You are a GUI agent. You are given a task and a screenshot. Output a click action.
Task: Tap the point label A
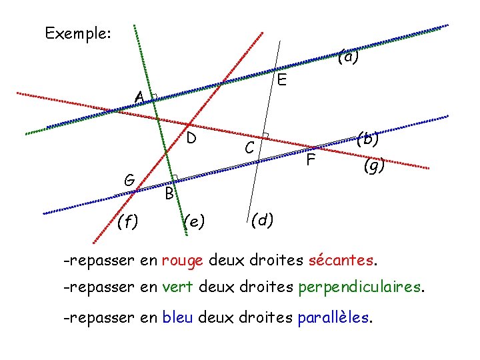[138, 98]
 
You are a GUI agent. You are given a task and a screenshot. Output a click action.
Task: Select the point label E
[282, 81]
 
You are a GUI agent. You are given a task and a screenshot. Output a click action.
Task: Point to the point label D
[191, 139]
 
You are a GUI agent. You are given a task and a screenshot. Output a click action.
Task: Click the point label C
[249, 148]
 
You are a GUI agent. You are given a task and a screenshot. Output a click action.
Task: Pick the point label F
[310, 160]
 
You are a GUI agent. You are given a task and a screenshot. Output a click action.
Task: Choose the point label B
[169, 194]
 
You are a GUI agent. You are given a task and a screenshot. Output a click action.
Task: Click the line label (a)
[348, 57]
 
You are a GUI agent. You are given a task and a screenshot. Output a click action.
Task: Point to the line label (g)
[374, 166]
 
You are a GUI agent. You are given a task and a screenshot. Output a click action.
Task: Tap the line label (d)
[262, 219]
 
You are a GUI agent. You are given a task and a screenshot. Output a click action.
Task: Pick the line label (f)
[127, 221]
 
